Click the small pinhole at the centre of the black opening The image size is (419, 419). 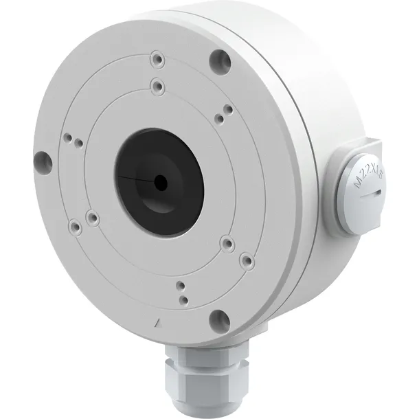tap(160, 182)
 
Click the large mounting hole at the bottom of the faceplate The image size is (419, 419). tap(218, 317)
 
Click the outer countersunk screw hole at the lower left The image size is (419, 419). tap(73, 225)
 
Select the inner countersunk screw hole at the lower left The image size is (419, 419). tap(93, 218)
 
